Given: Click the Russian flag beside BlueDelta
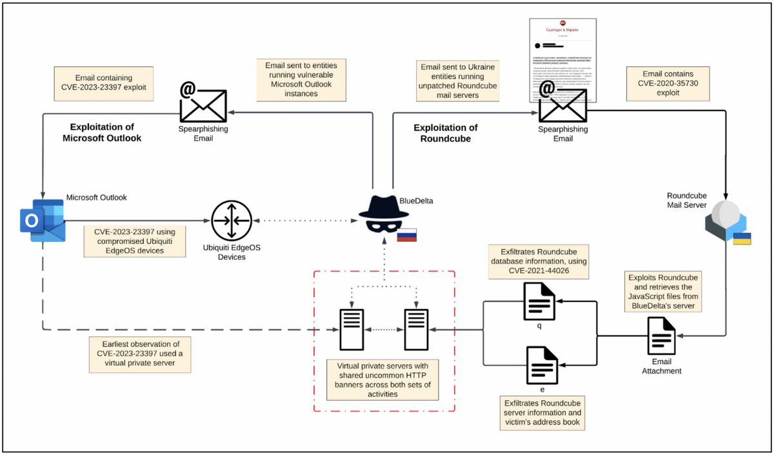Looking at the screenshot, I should (x=406, y=236).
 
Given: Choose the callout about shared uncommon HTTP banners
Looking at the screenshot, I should (x=384, y=380).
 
